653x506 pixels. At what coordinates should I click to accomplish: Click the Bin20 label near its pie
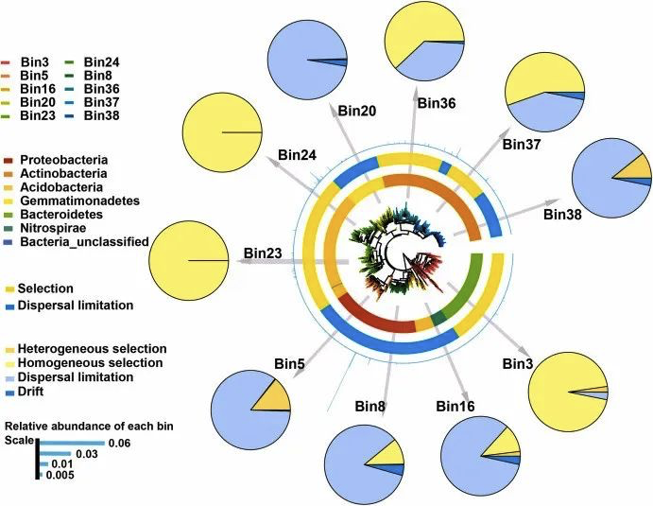pos(355,112)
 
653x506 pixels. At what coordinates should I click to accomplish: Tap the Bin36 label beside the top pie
pos(438,103)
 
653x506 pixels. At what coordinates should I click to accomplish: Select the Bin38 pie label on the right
pos(566,214)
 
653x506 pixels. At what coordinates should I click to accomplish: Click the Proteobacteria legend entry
pos(69,160)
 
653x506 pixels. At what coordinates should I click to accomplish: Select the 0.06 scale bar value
pos(119,443)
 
